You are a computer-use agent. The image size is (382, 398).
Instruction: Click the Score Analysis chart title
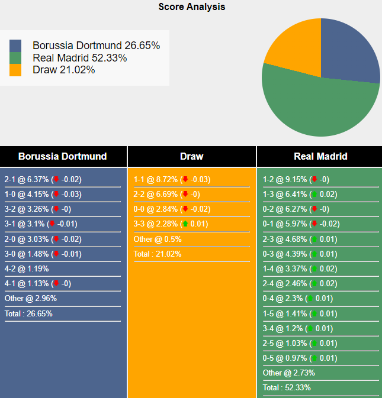[x=191, y=7]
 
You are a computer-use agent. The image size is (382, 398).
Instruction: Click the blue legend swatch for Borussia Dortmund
[x=15, y=46]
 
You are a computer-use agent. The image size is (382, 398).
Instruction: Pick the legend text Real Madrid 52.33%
[x=80, y=58]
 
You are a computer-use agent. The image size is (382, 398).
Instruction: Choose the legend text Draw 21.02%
[x=64, y=70]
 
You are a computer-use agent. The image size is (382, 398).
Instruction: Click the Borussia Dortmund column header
[x=63, y=157]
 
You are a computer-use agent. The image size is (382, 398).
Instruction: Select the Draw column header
[x=191, y=157]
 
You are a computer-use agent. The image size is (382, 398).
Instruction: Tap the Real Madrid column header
[x=320, y=157]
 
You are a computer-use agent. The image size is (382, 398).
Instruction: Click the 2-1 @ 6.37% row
[x=43, y=180]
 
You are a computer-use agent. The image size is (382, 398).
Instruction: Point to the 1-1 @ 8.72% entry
[x=172, y=180]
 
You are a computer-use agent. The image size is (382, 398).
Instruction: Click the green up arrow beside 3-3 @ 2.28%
[x=185, y=224]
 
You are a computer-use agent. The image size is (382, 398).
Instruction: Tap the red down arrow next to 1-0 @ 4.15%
[x=56, y=195]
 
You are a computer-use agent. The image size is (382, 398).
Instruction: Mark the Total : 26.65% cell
[x=28, y=313]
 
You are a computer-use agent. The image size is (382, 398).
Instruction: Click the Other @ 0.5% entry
[x=158, y=239]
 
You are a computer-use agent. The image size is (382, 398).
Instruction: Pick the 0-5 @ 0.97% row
[x=300, y=358]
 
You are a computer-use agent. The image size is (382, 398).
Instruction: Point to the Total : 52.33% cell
[x=287, y=387]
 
